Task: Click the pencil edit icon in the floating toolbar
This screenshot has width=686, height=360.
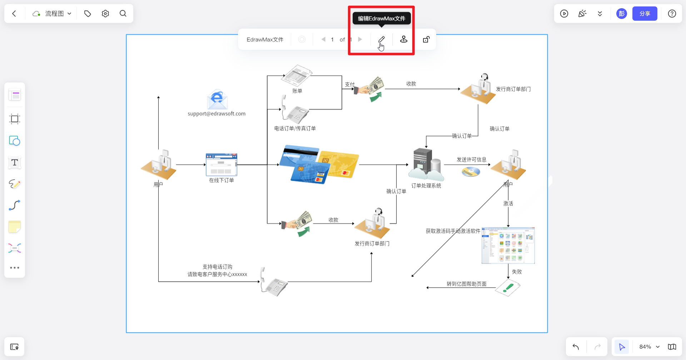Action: click(x=382, y=39)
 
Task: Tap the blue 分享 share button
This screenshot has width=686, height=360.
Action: click(x=645, y=14)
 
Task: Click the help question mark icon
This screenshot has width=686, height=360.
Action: click(x=672, y=14)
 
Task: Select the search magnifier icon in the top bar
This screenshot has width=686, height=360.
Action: click(x=123, y=14)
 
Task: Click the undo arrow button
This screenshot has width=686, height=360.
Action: click(x=576, y=347)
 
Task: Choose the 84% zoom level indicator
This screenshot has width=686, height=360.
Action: click(x=645, y=347)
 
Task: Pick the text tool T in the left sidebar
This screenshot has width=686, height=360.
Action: click(x=15, y=162)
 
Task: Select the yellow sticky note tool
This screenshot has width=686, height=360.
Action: click(x=15, y=227)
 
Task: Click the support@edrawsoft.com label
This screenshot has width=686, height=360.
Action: click(x=217, y=114)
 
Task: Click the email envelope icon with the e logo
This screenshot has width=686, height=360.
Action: click(x=217, y=99)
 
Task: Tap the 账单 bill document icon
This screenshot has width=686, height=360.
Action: click(x=297, y=75)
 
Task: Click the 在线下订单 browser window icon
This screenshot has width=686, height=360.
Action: click(x=222, y=165)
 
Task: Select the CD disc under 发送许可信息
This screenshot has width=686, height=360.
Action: click(x=471, y=172)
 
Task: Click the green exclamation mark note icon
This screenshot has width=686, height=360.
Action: click(x=508, y=287)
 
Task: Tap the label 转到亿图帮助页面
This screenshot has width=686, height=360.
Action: click(x=466, y=284)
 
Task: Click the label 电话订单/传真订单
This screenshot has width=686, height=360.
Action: click(x=295, y=128)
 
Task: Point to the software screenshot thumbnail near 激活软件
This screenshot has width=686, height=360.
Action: click(x=508, y=246)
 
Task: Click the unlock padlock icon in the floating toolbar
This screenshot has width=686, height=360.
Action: click(x=426, y=39)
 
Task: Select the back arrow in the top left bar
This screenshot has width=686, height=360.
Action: click(x=14, y=14)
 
